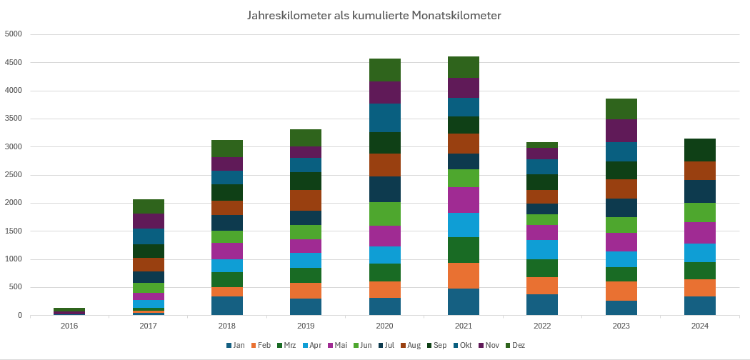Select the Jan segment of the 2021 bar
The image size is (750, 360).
coord(464,301)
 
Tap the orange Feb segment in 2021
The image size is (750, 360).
coord(464,276)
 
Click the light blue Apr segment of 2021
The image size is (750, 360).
coord(464,225)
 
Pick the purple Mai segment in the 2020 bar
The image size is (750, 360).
coord(385,236)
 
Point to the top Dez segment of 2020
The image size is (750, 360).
coord(385,70)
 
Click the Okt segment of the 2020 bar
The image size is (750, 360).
coord(385,118)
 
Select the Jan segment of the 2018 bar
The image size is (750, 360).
coord(227,306)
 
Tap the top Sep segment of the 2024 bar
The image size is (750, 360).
coord(700,150)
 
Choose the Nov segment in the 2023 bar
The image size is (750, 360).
coord(621,131)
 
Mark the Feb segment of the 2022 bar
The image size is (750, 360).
coord(542,286)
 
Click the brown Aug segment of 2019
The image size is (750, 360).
coord(306,200)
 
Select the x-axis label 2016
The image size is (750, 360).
coord(69,326)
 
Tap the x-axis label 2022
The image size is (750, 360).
coord(542,326)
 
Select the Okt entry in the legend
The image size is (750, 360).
coord(463,346)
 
